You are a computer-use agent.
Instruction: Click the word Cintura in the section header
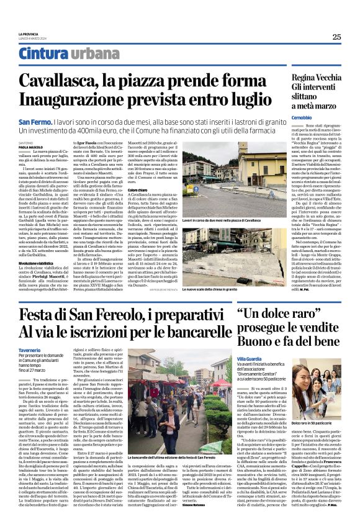click(42, 53)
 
